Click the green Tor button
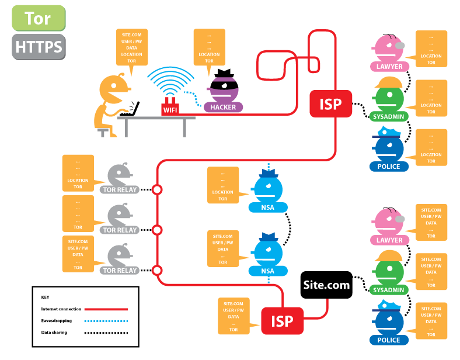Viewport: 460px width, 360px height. tap(39, 18)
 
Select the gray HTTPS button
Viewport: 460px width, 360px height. tap(39, 47)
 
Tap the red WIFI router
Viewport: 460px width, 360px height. tap(170, 106)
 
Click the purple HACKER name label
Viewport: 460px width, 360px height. tap(223, 107)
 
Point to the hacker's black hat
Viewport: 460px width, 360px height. tap(224, 73)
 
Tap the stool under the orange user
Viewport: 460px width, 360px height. tap(103, 133)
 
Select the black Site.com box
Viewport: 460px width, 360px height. tap(326, 285)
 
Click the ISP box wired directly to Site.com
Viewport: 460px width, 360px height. tap(282, 321)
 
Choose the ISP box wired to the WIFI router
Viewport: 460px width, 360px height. tap(330, 103)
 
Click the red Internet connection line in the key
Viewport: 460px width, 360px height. tap(106, 309)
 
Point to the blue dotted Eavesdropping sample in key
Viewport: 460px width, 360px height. tap(106, 321)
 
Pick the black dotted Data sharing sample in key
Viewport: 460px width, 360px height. tap(106, 333)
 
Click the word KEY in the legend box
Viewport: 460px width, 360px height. tap(45, 297)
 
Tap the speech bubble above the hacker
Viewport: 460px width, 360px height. tap(209, 49)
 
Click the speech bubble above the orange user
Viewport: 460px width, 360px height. tap(132, 49)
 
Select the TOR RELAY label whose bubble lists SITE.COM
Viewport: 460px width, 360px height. tap(120, 271)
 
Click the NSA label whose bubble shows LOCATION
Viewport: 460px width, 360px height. tap(267, 207)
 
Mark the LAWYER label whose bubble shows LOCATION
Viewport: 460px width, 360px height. tap(389, 67)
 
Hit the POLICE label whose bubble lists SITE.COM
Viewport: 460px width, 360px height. tap(389, 340)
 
